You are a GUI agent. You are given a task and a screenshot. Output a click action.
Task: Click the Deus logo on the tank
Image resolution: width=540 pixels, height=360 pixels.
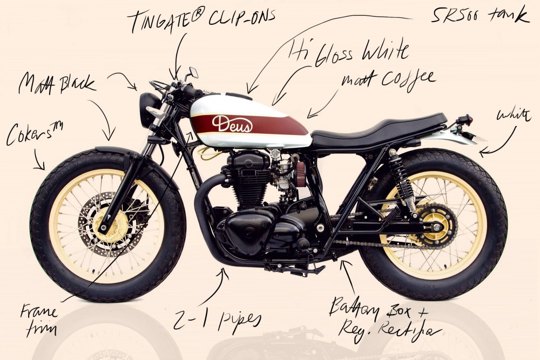tap(232, 124)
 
